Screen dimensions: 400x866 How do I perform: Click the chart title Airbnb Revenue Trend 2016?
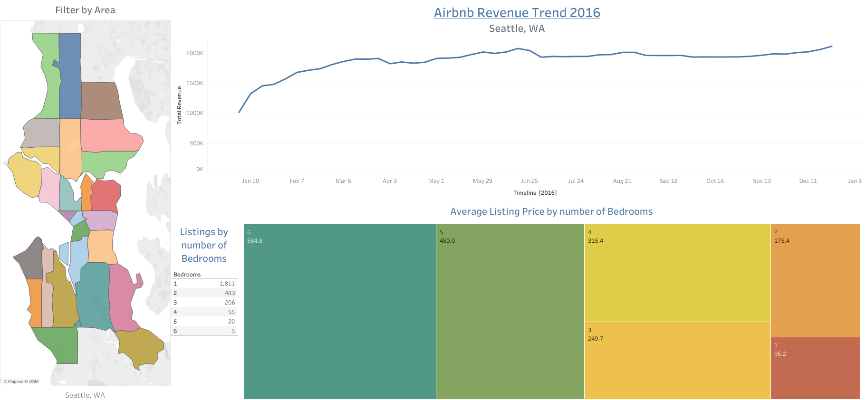(x=517, y=13)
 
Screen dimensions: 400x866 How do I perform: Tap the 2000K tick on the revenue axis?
(x=194, y=53)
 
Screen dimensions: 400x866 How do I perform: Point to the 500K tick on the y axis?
(x=196, y=143)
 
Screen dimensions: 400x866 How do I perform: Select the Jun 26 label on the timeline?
(x=529, y=181)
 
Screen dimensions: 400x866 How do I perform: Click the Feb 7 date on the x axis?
(x=297, y=181)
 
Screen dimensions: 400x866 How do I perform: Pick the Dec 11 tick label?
(x=808, y=181)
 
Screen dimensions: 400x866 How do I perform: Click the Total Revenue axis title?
(x=179, y=105)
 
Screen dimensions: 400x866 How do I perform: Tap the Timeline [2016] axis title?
(x=535, y=193)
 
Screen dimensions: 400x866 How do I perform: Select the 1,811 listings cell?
(x=227, y=284)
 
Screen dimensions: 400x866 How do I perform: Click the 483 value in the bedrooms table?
(x=230, y=293)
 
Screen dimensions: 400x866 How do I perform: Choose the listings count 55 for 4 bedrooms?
(x=231, y=312)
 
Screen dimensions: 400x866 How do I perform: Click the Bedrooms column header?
(x=187, y=275)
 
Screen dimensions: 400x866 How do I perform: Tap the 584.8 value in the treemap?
(x=255, y=241)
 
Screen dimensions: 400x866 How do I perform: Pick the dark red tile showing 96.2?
(x=815, y=368)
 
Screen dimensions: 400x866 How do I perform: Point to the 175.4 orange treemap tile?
(x=815, y=280)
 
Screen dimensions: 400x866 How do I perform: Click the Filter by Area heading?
(x=85, y=10)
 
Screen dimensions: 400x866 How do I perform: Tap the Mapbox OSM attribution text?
(x=21, y=381)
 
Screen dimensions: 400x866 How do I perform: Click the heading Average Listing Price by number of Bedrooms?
(x=551, y=211)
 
